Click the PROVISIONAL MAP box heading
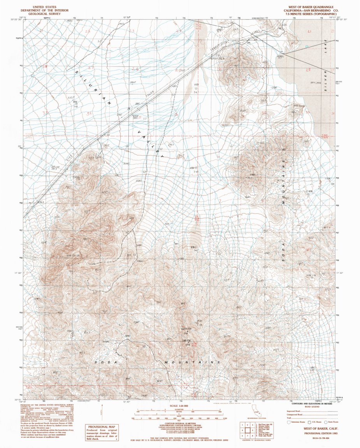coord(101,427)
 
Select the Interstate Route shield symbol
coord(289,422)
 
